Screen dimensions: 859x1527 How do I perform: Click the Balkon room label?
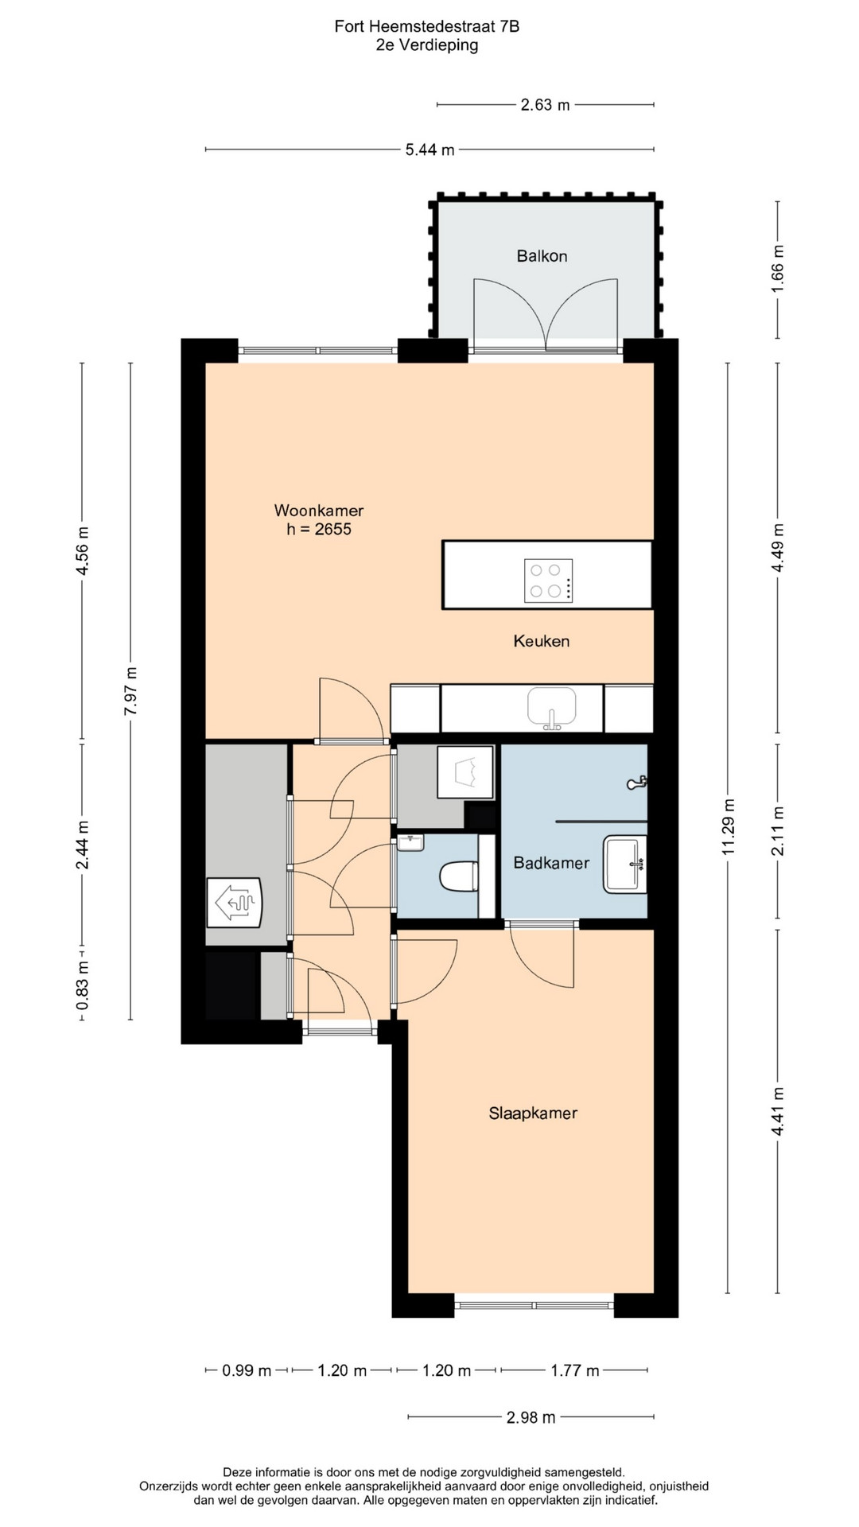[542, 256]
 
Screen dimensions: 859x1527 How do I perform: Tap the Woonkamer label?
[319, 511]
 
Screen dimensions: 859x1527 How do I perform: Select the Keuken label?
[542, 641]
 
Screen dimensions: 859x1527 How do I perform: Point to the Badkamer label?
[551, 863]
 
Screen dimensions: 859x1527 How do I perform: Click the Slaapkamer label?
[533, 1113]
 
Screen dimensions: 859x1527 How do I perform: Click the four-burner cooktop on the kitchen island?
[548, 580]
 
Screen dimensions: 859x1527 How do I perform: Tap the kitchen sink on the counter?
[551, 708]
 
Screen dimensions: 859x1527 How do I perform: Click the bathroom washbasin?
[625, 863]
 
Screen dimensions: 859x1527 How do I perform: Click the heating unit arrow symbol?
[234, 903]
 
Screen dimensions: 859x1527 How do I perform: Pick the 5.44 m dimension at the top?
[430, 150]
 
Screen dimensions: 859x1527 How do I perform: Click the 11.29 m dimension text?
[728, 827]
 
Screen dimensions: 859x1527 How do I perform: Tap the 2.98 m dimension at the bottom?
[531, 1416]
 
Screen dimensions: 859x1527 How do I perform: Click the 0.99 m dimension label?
[247, 1370]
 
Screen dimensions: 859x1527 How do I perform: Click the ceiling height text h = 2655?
[319, 529]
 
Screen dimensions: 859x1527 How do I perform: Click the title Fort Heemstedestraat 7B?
[427, 27]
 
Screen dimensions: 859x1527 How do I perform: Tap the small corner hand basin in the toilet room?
[411, 842]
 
